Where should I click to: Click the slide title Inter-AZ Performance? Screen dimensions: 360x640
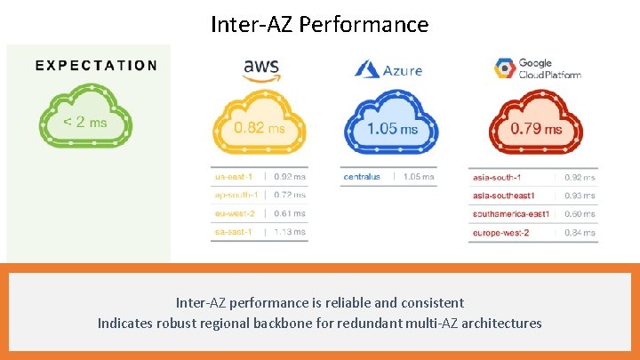pos(319,24)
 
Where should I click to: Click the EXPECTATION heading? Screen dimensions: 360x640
pos(97,65)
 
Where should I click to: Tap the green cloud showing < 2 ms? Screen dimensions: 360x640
pos(85,120)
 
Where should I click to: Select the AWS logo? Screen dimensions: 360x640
pos(262,68)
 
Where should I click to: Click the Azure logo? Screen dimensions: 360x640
pos(388,69)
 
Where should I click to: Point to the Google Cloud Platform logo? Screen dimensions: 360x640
pos(536,68)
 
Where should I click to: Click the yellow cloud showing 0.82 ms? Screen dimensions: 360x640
pos(260,128)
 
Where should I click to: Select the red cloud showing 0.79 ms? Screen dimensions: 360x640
pos(535,128)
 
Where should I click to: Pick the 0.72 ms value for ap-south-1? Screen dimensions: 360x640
pos(290,195)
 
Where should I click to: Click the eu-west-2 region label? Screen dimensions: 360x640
pos(236,213)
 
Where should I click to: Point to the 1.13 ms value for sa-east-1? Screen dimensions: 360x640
pos(290,232)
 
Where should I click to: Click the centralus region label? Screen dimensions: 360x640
pos(362,177)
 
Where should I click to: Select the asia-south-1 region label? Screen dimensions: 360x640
pos(497,178)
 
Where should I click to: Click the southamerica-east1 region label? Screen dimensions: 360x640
pos(511,214)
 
